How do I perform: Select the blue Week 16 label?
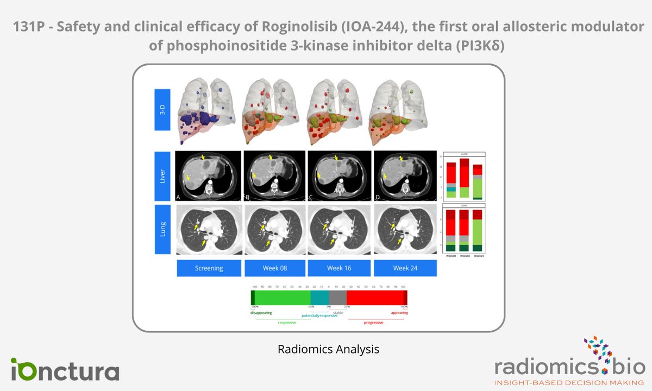[340, 268]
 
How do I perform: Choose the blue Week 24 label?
[405, 268]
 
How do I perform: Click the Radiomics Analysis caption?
[328, 349]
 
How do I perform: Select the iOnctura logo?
[65, 369]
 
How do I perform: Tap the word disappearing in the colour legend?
[261, 313]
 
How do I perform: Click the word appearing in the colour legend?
[399, 313]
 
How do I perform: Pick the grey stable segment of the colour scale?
[337, 298]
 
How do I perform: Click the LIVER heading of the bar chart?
[463, 154]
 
